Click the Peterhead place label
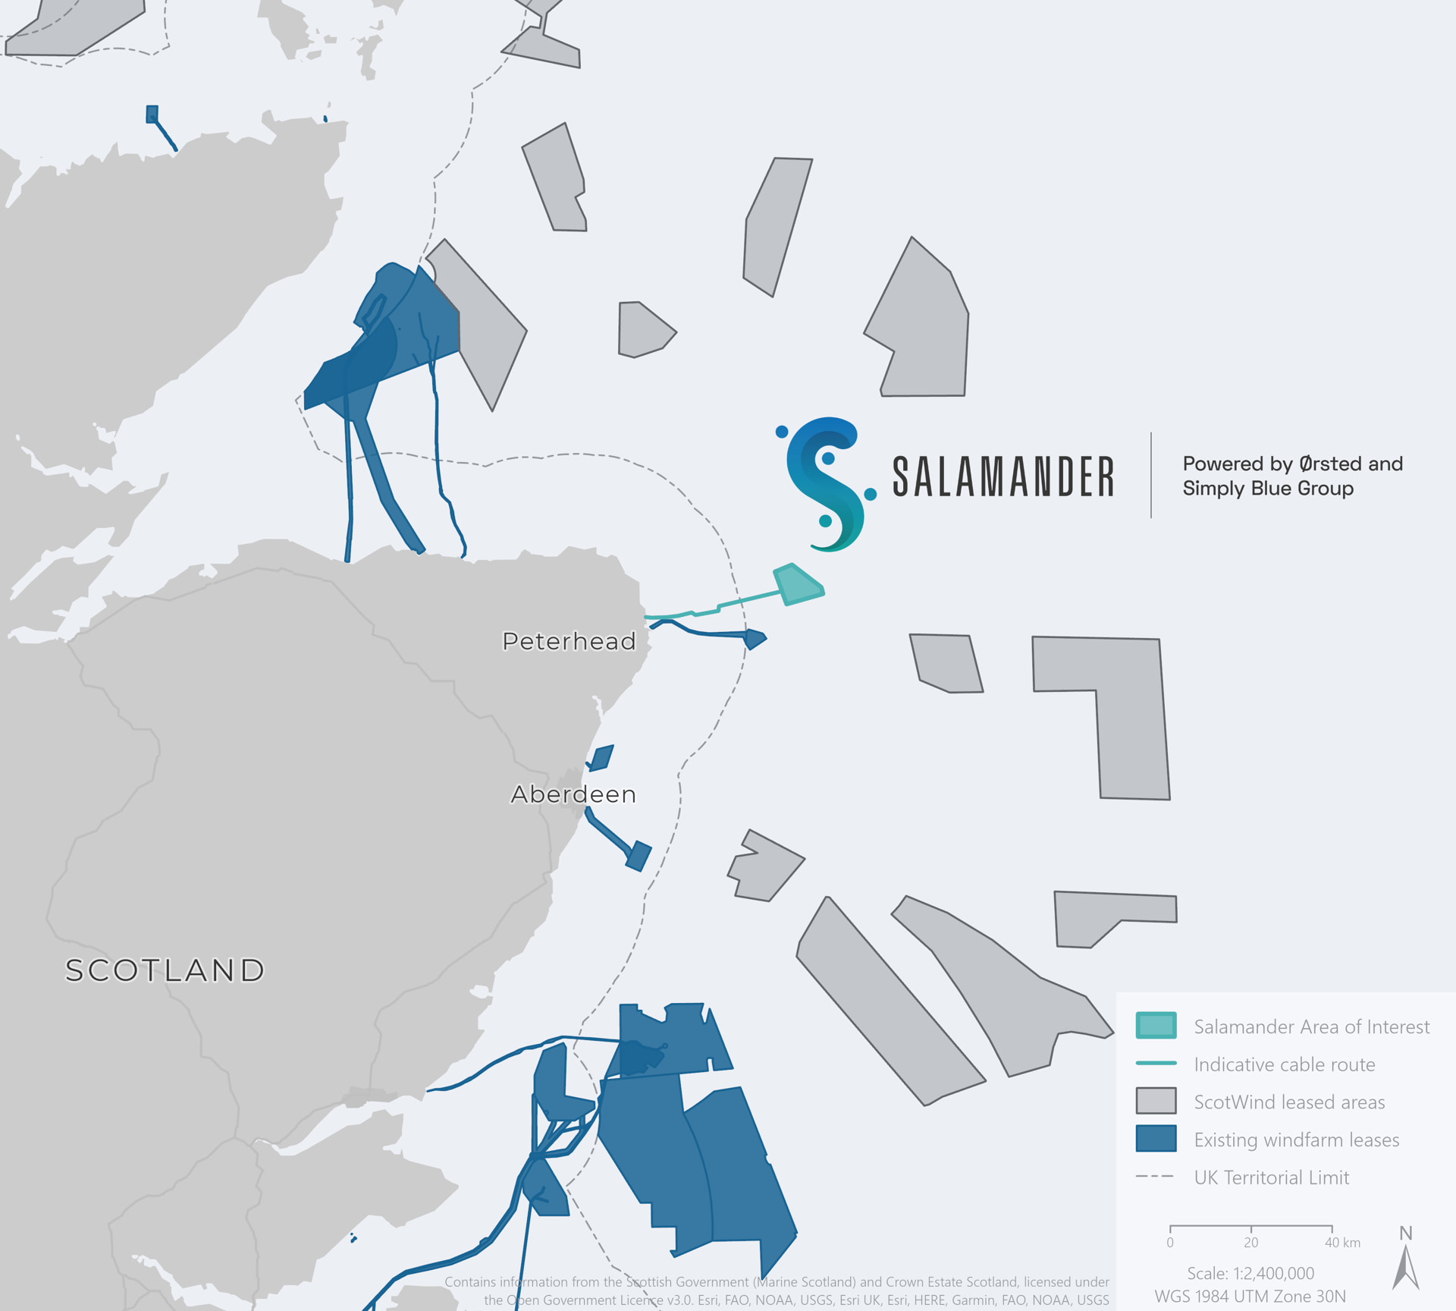click(569, 642)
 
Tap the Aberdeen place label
click(573, 794)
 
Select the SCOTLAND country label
click(165, 970)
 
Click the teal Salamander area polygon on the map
click(797, 585)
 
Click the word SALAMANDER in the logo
click(1003, 477)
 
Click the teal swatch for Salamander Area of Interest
click(1156, 1025)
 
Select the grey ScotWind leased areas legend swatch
click(1156, 1101)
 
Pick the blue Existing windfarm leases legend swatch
click(1156, 1138)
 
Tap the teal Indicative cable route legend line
click(1156, 1063)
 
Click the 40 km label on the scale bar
click(1341, 1243)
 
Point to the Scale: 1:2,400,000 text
click(1250, 1274)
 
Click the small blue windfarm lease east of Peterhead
click(755, 639)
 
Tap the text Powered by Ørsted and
click(1292, 464)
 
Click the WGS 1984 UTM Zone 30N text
click(1250, 1297)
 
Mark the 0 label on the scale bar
click(1170, 1243)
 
